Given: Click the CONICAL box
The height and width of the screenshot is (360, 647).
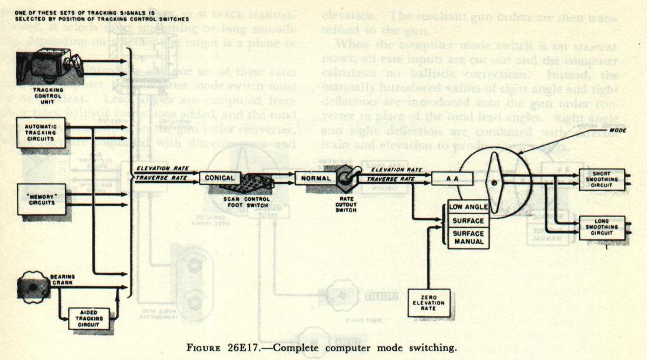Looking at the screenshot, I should click(x=219, y=178).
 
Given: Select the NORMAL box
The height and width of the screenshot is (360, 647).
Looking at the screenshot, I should click(x=315, y=178).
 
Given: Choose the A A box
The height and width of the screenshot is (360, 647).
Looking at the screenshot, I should click(x=452, y=179).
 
